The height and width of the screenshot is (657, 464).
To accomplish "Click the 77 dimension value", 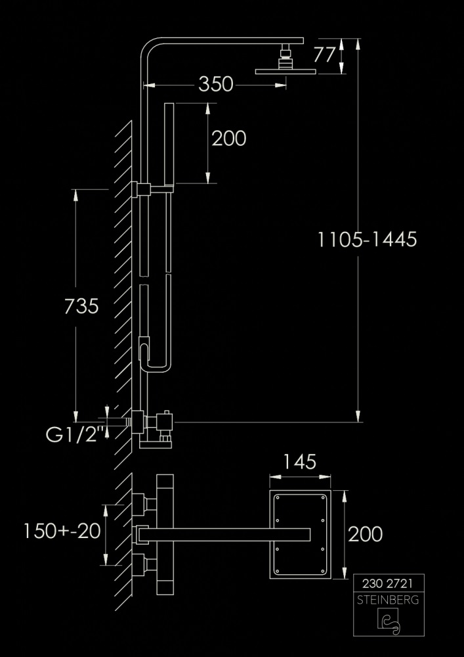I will pyautogui.click(x=324, y=55).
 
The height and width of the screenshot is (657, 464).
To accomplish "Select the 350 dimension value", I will pyautogui.click(x=216, y=84).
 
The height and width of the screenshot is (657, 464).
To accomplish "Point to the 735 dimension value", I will pyautogui.click(x=81, y=306).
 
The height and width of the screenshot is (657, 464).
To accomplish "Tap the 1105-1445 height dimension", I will pyautogui.click(x=368, y=239).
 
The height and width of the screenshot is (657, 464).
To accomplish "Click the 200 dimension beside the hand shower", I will pyautogui.click(x=228, y=138).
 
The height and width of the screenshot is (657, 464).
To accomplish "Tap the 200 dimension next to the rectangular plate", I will pyautogui.click(x=365, y=533).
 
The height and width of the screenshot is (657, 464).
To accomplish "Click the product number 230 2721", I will pyautogui.click(x=389, y=583).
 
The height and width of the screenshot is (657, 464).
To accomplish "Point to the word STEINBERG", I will pyautogui.click(x=389, y=600).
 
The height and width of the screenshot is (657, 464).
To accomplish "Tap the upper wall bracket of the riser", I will pyautogui.click(x=140, y=189).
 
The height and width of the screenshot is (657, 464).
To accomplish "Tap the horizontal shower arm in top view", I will pyautogui.click(x=223, y=533).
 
